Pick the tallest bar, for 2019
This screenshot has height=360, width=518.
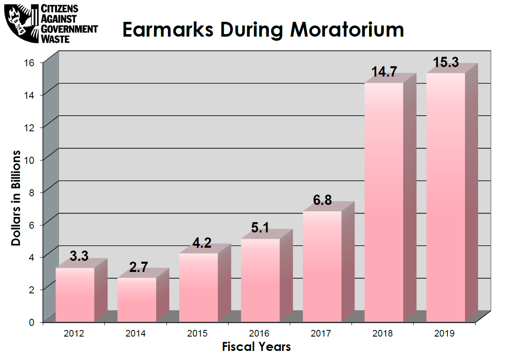click(446, 197)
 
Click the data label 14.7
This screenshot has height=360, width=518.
click(384, 72)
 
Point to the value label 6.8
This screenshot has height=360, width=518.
click(322, 200)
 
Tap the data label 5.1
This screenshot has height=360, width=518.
click(260, 228)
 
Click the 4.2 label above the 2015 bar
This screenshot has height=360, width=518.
click(202, 243)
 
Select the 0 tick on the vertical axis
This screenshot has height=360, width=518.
click(37, 322)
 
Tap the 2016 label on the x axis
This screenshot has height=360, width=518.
click(259, 333)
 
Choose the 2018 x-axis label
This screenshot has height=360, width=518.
click(383, 333)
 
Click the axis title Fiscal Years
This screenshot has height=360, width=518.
click(256, 347)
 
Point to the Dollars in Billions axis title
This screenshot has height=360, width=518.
click(16, 198)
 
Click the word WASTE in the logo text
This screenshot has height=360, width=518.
click(55, 39)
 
